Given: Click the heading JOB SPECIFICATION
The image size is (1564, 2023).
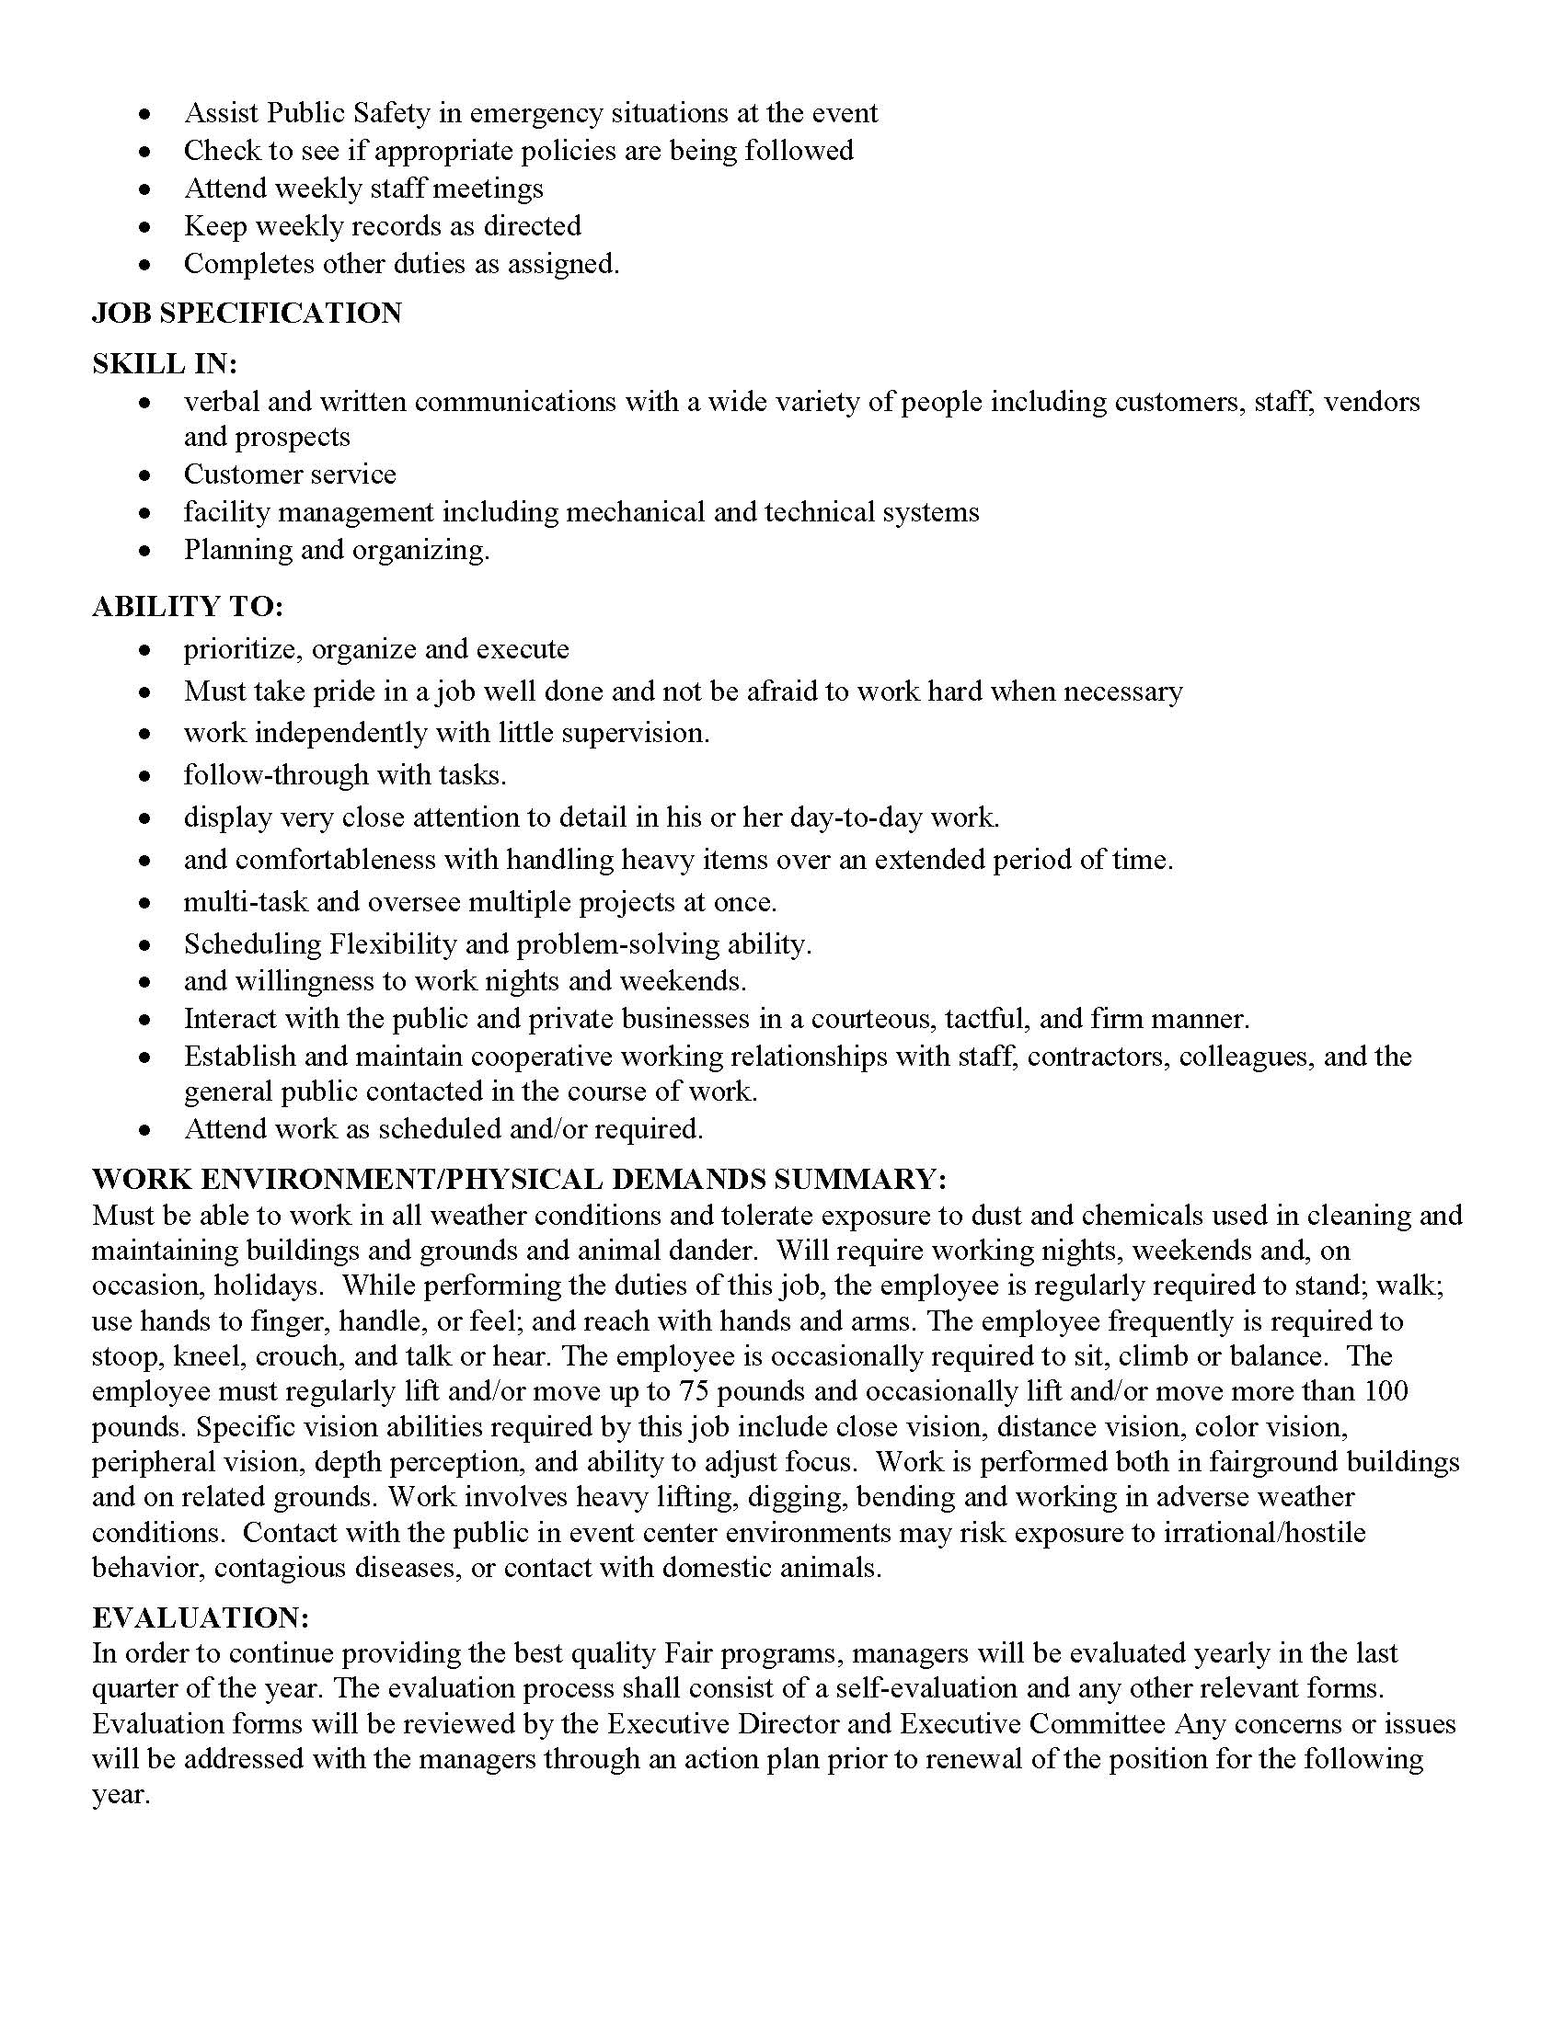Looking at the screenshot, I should (x=247, y=313).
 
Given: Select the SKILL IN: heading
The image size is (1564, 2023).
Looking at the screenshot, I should (x=164, y=364).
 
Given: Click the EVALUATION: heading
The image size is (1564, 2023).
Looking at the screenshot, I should (x=200, y=1617).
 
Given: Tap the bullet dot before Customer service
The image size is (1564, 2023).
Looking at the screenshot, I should (x=144, y=475).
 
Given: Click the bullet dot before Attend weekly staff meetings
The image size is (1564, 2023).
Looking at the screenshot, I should (x=144, y=189).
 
